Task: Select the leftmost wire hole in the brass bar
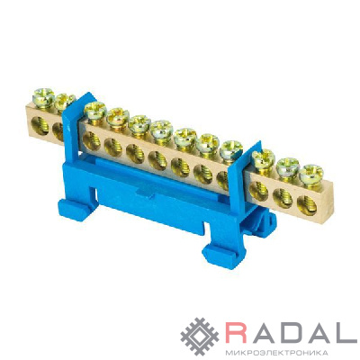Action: click(x=40, y=126)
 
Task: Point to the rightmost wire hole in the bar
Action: click(x=307, y=205)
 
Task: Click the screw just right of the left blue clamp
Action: click(x=95, y=111)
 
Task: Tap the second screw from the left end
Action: click(x=64, y=101)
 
